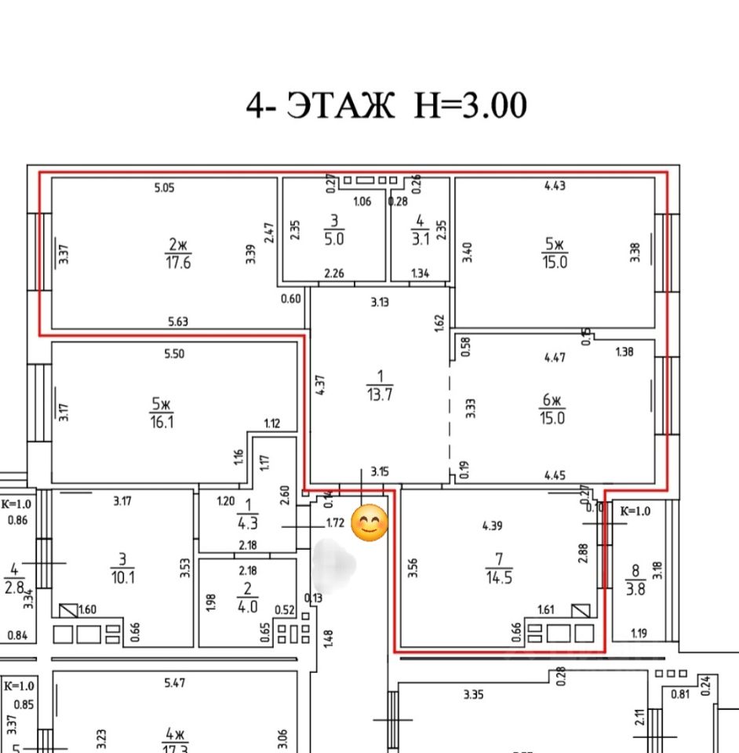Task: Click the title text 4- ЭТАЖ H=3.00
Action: tap(386, 105)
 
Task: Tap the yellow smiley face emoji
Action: tap(370, 524)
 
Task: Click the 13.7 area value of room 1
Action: tap(380, 395)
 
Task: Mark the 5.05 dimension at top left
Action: tap(162, 187)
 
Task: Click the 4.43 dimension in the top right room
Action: tap(555, 186)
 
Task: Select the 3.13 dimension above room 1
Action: tap(380, 302)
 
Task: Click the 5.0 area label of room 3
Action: tap(334, 240)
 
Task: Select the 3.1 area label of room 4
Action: tap(420, 240)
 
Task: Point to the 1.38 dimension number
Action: tap(624, 353)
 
